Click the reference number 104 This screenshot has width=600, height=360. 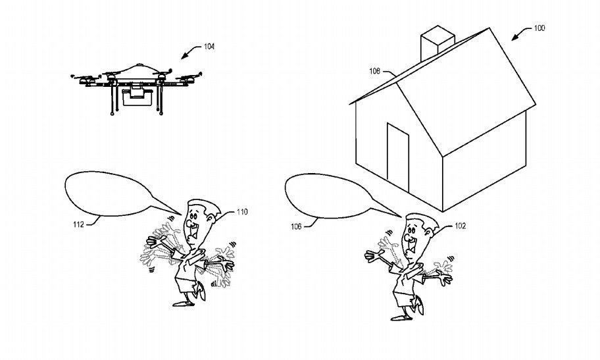tap(209, 47)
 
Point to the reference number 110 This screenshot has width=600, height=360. tap(241, 212)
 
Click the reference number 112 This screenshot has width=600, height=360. tap(79, 224)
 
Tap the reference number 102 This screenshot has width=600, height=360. tap(460, 226)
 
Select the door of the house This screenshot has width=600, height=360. tap(397, 154)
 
